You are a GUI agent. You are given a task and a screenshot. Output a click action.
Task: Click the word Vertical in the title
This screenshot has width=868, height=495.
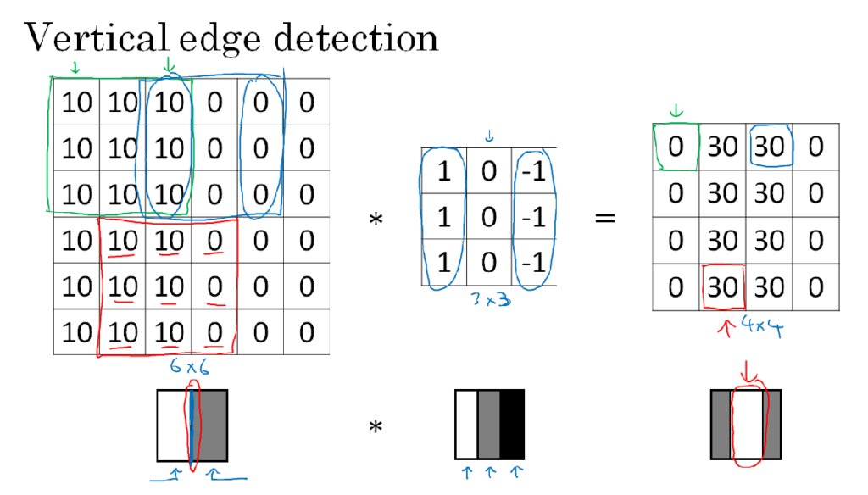click(96, 37)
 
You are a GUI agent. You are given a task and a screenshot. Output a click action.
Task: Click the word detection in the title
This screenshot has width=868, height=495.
click(356, 37)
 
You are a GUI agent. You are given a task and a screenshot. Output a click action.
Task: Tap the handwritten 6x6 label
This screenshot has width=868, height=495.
click(189, 366)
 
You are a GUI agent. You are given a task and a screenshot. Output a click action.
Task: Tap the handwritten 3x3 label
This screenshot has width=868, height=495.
click(491, 299)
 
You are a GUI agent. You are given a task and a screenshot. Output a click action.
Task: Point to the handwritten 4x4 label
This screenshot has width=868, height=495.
click(762, 326)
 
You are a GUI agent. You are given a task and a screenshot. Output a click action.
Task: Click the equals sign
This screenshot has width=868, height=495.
click(605, 218)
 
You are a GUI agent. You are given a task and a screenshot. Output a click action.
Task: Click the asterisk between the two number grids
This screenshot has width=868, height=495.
click(376, 220)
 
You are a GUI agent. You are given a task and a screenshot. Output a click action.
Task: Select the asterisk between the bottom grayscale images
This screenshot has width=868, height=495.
click(376, 426)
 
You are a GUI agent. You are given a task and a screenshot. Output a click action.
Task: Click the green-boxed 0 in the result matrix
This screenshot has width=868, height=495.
click(676, 147)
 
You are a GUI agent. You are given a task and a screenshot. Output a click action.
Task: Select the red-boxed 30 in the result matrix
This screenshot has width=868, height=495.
click(722, 287)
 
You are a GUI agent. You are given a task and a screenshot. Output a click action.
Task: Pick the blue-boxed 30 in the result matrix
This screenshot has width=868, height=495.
click(770, 147)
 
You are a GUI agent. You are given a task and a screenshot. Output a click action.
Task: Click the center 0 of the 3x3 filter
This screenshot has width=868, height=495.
click(489, 216)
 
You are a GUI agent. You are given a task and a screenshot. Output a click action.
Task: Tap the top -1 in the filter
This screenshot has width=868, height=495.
click(534, 172)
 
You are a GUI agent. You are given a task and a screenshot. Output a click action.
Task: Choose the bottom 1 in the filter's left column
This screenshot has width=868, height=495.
click(444, 263)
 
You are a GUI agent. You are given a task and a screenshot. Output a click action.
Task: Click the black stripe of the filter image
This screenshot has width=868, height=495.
click(512, 425)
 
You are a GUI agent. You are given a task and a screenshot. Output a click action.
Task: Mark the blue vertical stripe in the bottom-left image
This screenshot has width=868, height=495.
click(192, 425)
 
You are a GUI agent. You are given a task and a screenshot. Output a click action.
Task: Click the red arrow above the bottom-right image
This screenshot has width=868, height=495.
click(748, 371)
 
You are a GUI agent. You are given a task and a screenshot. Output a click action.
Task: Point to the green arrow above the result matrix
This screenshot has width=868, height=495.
click(676, 111)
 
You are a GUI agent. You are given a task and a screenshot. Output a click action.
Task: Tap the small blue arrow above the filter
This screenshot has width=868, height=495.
click(489, 136)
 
